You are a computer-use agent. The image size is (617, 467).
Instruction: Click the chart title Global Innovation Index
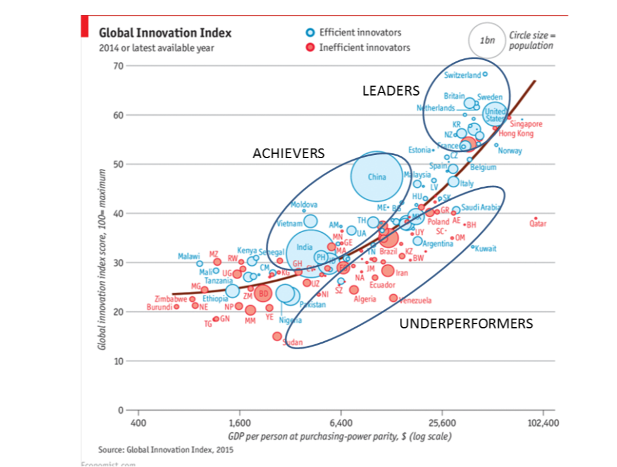[x=165, y=33]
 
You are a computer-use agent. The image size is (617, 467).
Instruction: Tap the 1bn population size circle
[x=486, y=40]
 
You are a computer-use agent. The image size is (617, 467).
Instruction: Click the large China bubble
[x=377, y=177]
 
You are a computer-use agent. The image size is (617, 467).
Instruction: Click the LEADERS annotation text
[x=390, y=91]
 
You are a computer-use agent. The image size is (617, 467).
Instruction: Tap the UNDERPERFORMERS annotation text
[x=466, y=324]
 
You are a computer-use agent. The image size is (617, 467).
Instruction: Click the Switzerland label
[x=462, y=75]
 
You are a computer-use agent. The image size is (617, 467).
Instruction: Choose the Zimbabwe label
[x=170, y=298]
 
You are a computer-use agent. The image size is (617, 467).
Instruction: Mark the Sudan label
[x=293, y=342]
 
